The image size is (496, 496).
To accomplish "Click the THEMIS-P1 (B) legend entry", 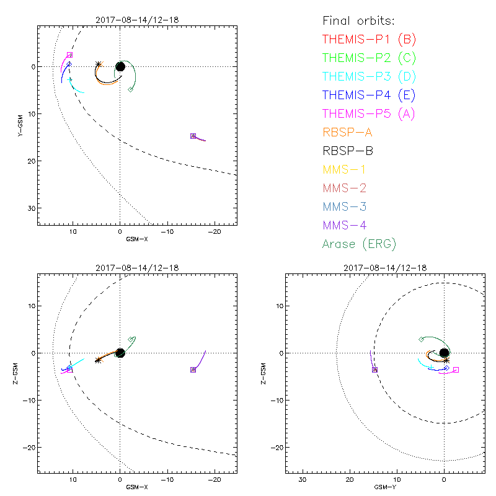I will [x=369, y=40].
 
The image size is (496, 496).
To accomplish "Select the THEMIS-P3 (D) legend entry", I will [x=369, y=77].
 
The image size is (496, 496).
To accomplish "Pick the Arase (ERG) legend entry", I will [x=359, y=244].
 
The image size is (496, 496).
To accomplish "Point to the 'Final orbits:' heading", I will [x=363, y=20].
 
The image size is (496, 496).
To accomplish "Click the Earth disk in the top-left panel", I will [x=120, y=66].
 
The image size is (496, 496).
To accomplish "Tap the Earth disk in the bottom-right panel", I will [x=444, y=353].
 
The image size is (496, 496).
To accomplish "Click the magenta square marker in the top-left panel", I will [x=69, y=55].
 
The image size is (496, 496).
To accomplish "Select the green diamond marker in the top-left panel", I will [x=130, y=90].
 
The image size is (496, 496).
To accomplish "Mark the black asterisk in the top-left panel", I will [x=99, y=64].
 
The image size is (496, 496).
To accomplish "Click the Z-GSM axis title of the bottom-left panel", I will [x=22, y=374].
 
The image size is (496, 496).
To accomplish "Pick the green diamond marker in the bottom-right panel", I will [x=422, y=339].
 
